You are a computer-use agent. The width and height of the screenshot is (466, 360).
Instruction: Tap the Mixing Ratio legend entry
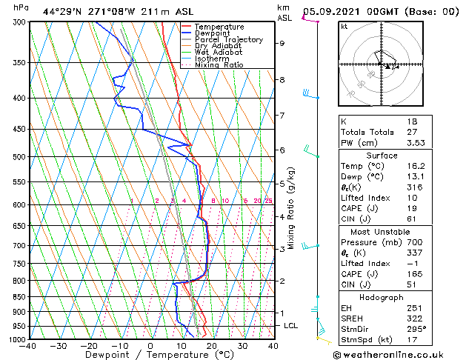[219, 65]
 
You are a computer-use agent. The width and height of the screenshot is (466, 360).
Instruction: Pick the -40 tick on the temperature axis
[29, 346]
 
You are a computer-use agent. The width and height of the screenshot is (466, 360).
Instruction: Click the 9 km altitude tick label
[282, 43]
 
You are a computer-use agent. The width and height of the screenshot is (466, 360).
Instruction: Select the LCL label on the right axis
[291, 325]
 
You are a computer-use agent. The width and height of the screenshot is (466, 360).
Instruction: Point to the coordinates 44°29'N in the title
[64, 11]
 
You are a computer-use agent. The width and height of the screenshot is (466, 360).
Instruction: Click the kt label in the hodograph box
[344, 26]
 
